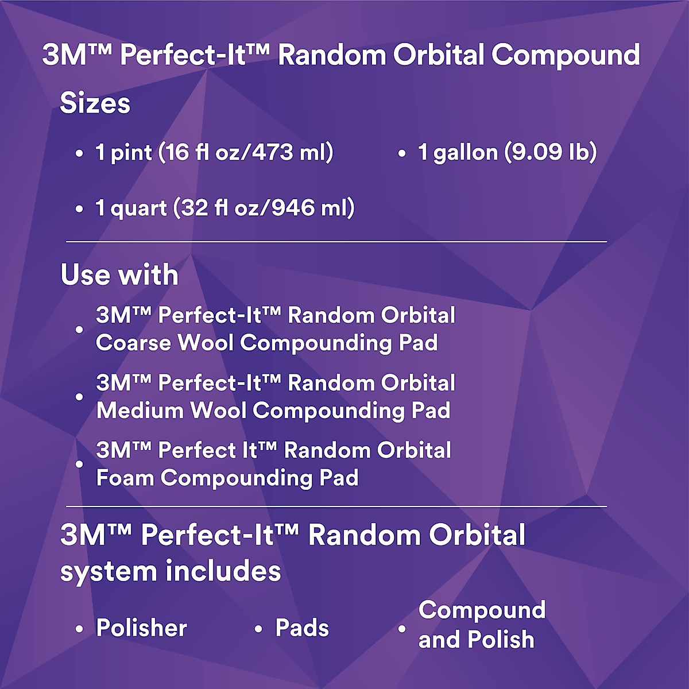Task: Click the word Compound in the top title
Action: (x=565, y=55)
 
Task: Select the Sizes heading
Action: (x=95, y=103)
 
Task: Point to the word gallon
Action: (x=465, y=153)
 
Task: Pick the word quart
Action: (x=138, y=208)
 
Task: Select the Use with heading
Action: (x=119, y=274)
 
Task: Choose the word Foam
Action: (x=125, y=478)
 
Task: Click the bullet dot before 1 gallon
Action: (x=402, y=153)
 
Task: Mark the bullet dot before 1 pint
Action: (x=79, y=153)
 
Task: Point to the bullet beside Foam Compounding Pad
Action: (x=79, y=464)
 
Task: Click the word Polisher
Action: (x=142, y=628)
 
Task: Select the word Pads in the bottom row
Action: (x=302, y=628)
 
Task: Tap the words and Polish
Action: (x=477, y=640)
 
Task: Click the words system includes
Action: (x=171, y=571)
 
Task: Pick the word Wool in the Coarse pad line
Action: (x=205, y=343)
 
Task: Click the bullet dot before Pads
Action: (x=258, y=629)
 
